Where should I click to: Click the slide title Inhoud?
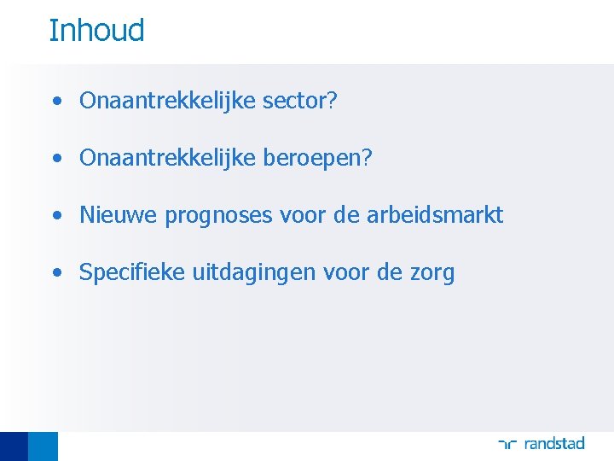click(96, 31)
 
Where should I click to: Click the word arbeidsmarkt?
click(435, 215)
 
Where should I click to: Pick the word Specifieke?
click(132, 273)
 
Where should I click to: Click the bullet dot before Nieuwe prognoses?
click(55, 216)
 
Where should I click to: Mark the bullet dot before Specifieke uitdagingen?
click(55, 273)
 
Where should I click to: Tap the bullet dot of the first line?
click(55, 102)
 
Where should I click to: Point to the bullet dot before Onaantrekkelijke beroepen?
click(55, 159)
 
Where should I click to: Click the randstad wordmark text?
click(554, 443)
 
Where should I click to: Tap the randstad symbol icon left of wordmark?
click(508, 444)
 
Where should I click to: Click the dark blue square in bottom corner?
click(14, 446)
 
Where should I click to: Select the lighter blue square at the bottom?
click(43, 446)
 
